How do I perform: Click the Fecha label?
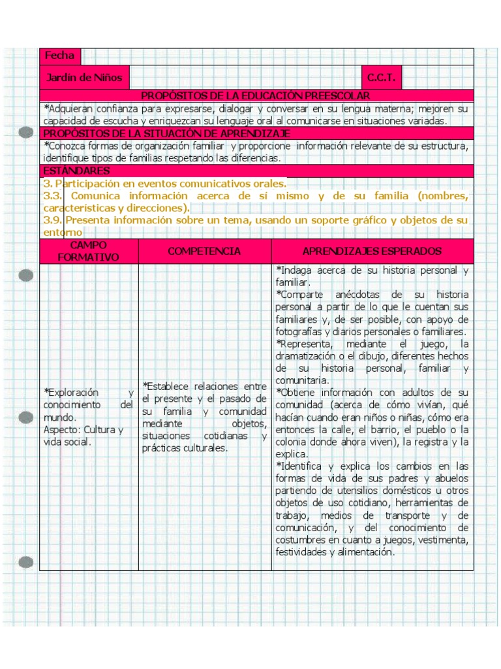click(59, 56)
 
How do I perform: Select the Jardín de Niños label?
click(84, 78)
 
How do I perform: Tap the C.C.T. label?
click(381, 78)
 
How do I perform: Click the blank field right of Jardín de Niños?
click(245, 78)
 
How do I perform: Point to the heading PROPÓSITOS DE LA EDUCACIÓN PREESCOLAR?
click(255, 96)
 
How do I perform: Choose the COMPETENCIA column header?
click(204, 252)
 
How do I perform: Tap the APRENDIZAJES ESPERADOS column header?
click(372, 252)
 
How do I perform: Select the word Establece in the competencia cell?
click(171, 386)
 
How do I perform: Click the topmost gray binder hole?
click(26, 133)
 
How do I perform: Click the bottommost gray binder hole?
click(26, 561)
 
